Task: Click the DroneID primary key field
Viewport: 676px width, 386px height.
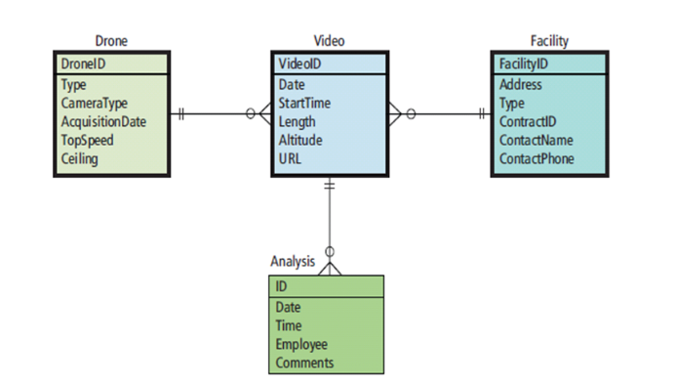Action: (84, 64)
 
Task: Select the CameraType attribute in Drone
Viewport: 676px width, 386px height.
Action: (94, 103)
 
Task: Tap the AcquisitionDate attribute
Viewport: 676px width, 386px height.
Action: (103, 121)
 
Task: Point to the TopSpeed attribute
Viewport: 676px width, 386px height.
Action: (87, 140)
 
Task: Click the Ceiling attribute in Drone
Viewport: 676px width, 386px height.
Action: (80, 158)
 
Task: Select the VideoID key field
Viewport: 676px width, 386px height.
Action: (299, 64)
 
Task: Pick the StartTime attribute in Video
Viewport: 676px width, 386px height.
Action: (303, 103)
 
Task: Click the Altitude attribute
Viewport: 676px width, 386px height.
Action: (300, 140)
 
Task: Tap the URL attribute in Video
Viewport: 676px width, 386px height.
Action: (290, 158)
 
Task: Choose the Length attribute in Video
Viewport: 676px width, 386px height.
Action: (298, 121)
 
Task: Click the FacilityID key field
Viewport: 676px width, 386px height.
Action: (523, 64)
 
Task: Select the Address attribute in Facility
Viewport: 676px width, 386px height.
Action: (520, 85)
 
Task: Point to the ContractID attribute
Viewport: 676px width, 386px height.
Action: (527, 121)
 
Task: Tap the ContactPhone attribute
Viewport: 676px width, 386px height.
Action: (537, 158)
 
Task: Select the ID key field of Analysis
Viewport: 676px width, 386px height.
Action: (282, 286)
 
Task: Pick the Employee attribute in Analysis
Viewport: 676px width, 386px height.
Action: (301, 344)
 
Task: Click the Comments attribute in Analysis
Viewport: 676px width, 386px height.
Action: (304, 363)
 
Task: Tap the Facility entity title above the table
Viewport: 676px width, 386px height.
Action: (549, 41)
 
